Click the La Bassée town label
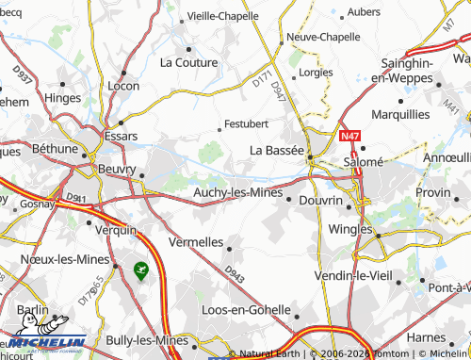click(276, 150)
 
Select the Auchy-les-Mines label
click(237, 192)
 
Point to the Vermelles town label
click(196, 242)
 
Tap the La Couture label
click(189, 63)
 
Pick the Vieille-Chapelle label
click(230, 16)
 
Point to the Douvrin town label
click(320, 200)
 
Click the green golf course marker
click(141, 270)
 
